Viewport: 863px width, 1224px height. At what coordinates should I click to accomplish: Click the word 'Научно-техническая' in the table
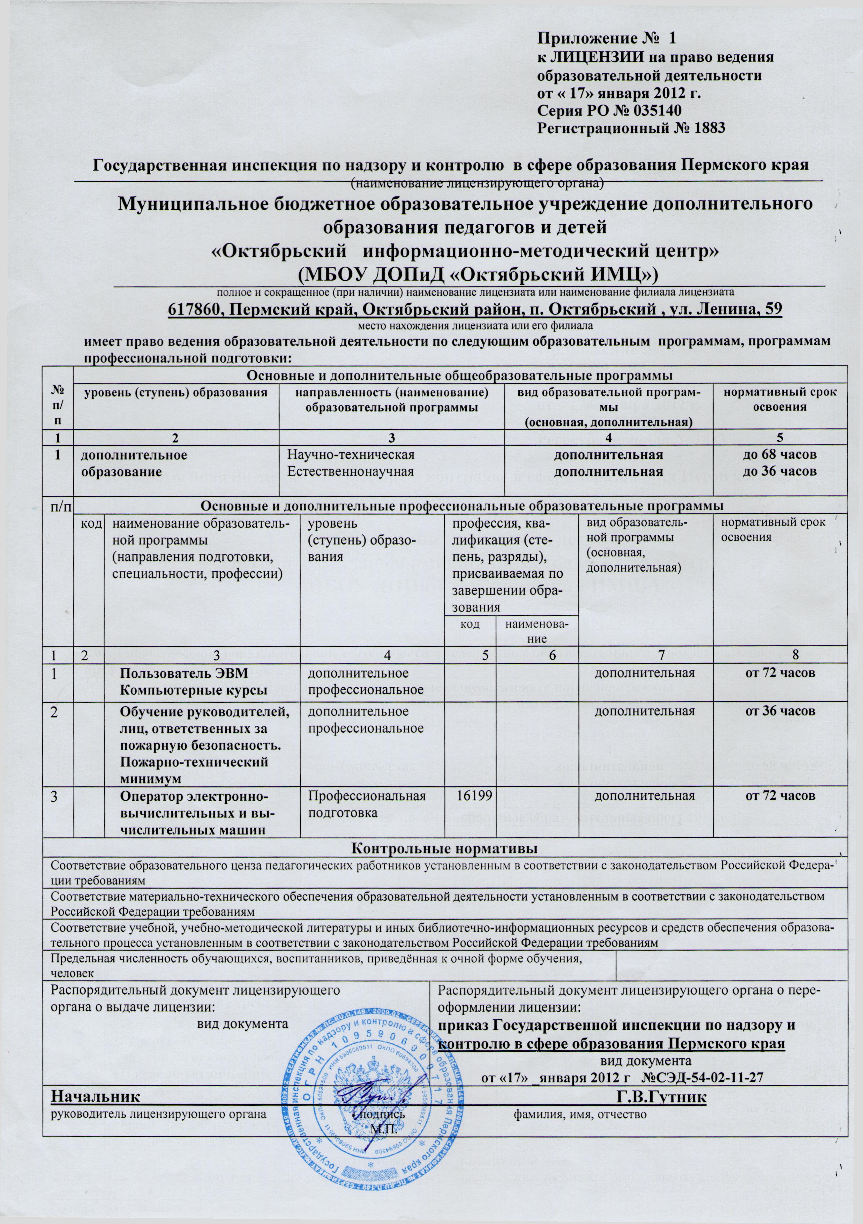(x=351, y=456)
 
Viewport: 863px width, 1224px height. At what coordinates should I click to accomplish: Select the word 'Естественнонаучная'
(x=351, y=472)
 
